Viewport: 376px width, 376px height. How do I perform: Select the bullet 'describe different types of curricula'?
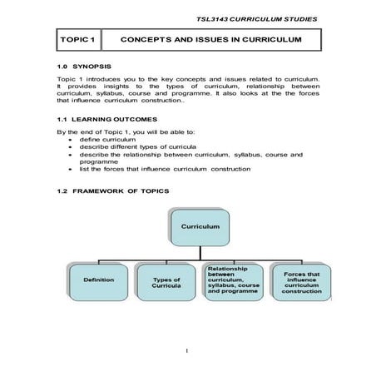pos(141,147)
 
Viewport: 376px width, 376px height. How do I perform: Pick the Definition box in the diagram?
pos(98,280)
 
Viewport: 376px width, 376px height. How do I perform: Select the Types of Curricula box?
pos(166,280)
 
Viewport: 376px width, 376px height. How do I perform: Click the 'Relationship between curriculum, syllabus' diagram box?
pos(234,280)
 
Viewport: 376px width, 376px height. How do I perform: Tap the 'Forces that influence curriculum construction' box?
pos(301,280)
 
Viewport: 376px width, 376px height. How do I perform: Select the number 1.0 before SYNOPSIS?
pos(62,64)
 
